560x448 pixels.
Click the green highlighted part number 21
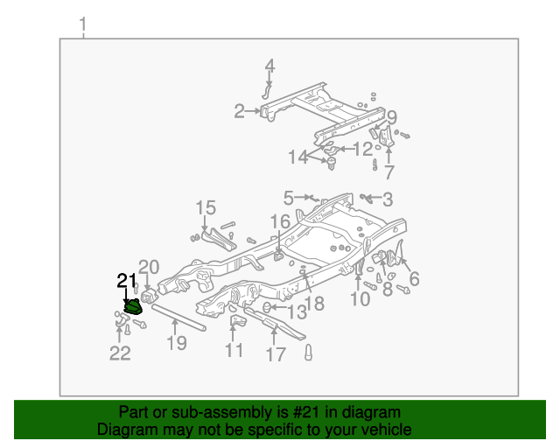coord(133,306)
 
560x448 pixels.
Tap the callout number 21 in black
coord(127,280)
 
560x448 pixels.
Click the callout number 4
coord(269,66)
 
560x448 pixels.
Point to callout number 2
coord(239,111)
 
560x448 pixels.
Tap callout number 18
coord(314,304)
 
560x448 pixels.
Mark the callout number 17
coord(276,354)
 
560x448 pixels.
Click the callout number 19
coord(178,343)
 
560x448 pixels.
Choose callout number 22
coord(120,353)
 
